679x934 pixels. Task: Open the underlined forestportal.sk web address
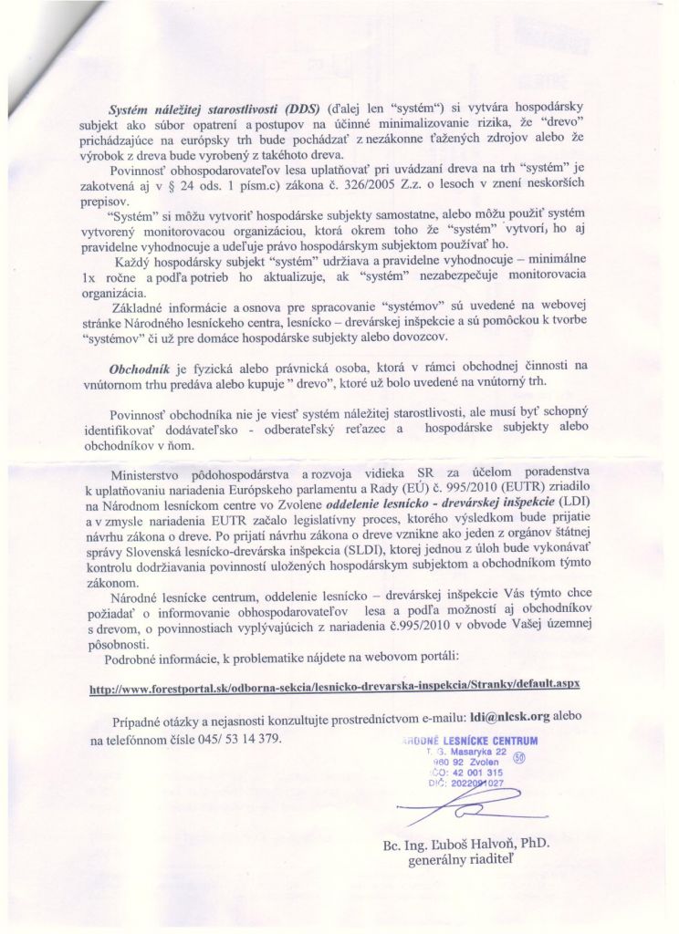(x=334, y=683)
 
